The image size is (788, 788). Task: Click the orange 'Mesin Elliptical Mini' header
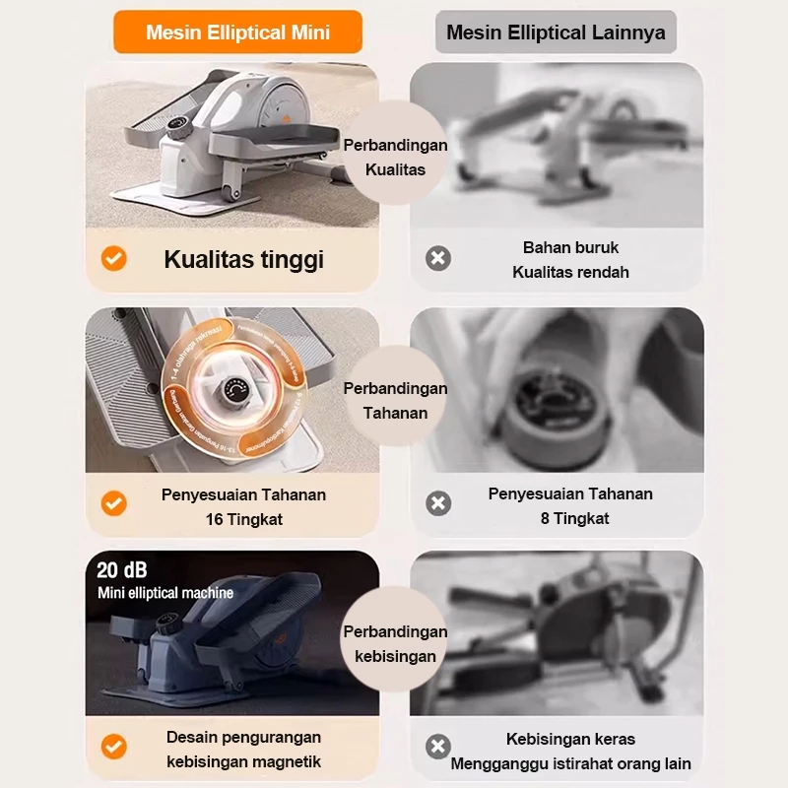pyautogui.click(x=237, y=33)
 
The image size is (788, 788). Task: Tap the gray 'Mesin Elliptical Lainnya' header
pyautogui.click(x=556, y=33)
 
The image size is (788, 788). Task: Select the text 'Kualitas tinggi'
pyautogui.click(x=243, y=260)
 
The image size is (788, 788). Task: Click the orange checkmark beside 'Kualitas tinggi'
pyautogui.click(x=114, y=259)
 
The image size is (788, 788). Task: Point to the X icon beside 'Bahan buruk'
pyautogui.click(x=437, y=259)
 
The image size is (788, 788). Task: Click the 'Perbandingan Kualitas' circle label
pyautogui.click(x=395, y=158)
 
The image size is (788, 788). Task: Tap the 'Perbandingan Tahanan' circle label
pyautogui.click(x=395, y=400)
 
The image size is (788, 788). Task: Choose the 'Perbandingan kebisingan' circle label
pyautogui.click(x=395, y=644)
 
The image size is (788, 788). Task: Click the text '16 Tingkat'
pyautogui.click(x=243, y=518)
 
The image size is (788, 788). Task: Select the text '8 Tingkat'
pyautogui.click(x=574, y=518)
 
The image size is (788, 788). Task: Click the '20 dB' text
pyautogui.click(x=122, y=569)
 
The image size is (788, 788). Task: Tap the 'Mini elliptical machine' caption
pyautogui.click(x=165, y=593)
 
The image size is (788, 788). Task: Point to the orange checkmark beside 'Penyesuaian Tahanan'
pyautogui.click(x=114, y=503)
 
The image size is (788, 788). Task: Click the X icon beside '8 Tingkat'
pyautogui.click(x=437, y=503)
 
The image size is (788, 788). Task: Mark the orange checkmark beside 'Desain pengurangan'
pyautogui.click(x=114, y=747)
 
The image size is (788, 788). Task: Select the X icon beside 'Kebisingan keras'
pyautogui.click(x=437, y=747)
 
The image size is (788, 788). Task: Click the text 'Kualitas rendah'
pyautogui.click(x=570, y=272)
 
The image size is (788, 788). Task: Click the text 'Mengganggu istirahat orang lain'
pyautogui.click(x=570, y=763)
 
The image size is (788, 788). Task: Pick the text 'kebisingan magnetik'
pyautogui.click(x=243, y=761)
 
